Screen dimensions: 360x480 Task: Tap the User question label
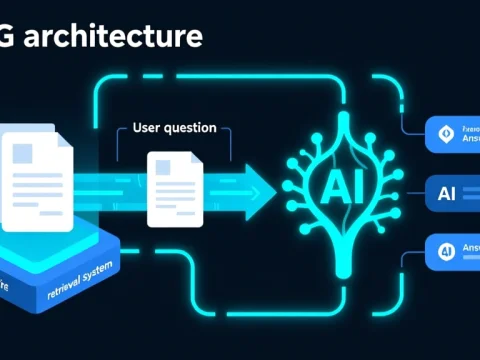174,129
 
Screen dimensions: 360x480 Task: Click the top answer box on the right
452,134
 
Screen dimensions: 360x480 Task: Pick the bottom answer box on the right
452,250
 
